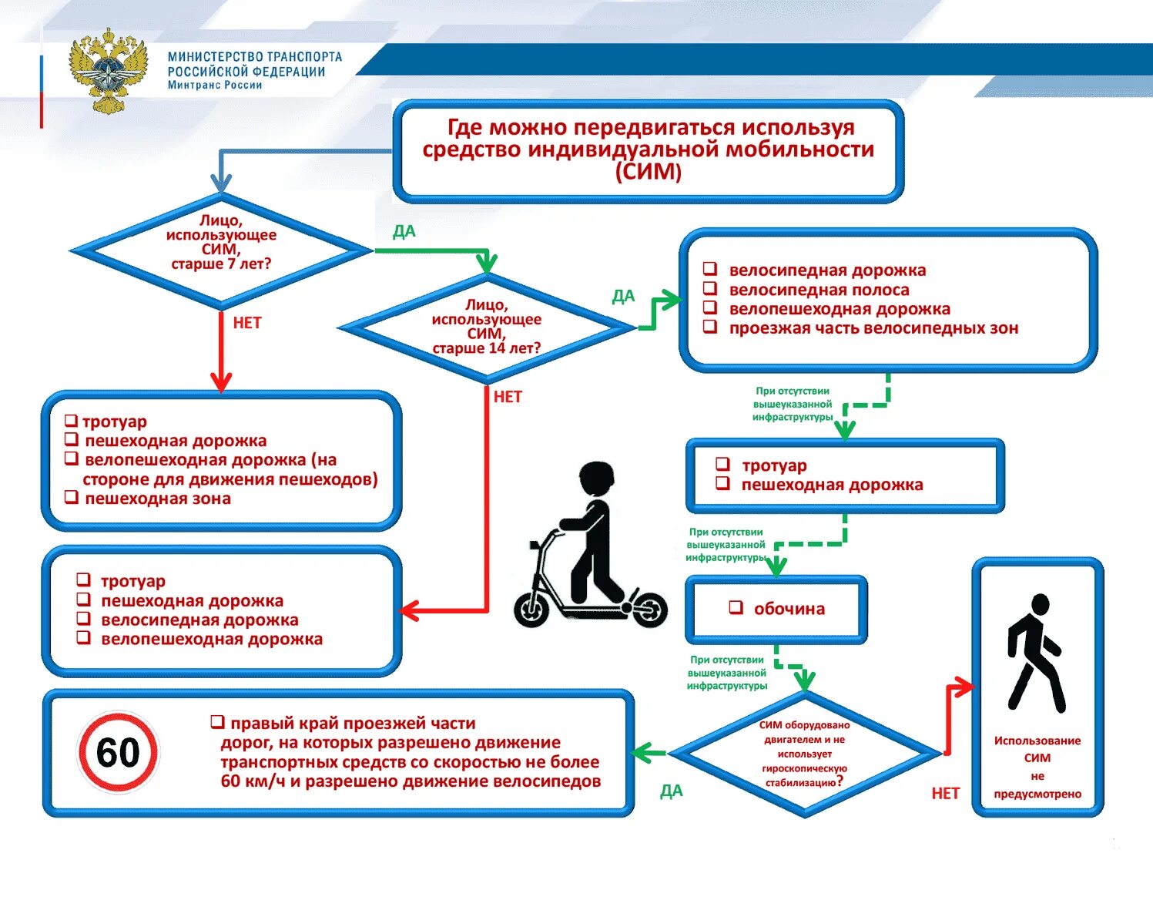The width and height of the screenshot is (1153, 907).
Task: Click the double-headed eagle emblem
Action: (x=108, y=70)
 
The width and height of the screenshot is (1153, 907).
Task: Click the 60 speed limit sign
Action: (x=118, y=752)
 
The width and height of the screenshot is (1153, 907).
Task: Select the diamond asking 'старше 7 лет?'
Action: (x=221, y=250)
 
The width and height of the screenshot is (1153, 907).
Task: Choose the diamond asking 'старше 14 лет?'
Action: (x=486, y=328)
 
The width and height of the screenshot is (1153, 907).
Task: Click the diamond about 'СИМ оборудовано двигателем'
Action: (x=804, y=753)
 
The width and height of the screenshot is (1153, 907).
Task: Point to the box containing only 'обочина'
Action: (x=776, y=609)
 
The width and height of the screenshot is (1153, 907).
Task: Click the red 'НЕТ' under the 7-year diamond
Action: (x=247, y=323)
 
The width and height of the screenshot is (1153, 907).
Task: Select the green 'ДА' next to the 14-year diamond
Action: (x=623, y=297)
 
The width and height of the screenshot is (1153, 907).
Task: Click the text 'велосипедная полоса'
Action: (x=819, y=290)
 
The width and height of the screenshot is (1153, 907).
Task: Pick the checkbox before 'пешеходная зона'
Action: (x=72, y=498)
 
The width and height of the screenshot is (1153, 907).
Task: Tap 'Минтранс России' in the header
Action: (x=215, y=86)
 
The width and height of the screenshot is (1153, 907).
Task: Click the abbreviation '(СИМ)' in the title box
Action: (x=649, y=171)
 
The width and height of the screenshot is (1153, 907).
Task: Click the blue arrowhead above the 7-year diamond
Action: (x=221, y=184)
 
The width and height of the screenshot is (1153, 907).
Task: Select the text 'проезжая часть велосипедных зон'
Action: (x=873, y=328)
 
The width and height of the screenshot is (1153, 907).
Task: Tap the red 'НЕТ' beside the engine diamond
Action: (x=945, y=793)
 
